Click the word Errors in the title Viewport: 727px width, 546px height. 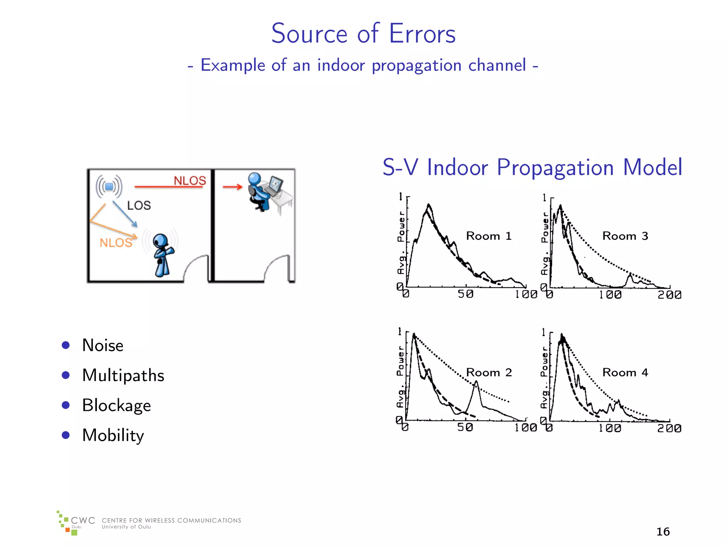coord(422,34)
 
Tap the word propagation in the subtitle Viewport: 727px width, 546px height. coord(416,66)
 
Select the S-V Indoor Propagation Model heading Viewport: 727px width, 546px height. coord(532,167)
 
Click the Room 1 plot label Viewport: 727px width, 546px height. coord(488,236)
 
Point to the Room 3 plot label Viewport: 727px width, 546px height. coord(625,236)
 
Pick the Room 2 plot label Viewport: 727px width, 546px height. coord(488,373)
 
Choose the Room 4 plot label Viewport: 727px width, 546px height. coord(625,373)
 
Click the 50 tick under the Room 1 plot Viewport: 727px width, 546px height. coord(465,294)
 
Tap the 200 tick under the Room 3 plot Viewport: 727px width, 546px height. coord(669,295)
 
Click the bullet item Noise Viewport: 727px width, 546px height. coord(103,345)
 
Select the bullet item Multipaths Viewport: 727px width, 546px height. coord(123,375)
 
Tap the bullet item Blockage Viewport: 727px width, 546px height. coord(116,405)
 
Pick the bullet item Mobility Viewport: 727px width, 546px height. coord(113,435)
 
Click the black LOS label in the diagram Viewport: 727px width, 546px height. coord(139,205)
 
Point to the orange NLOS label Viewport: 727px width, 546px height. coord(116,243)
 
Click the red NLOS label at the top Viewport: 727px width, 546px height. coord(190,181)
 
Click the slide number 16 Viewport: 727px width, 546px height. coord(663,531)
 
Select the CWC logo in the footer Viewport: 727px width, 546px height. coord(76,523)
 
